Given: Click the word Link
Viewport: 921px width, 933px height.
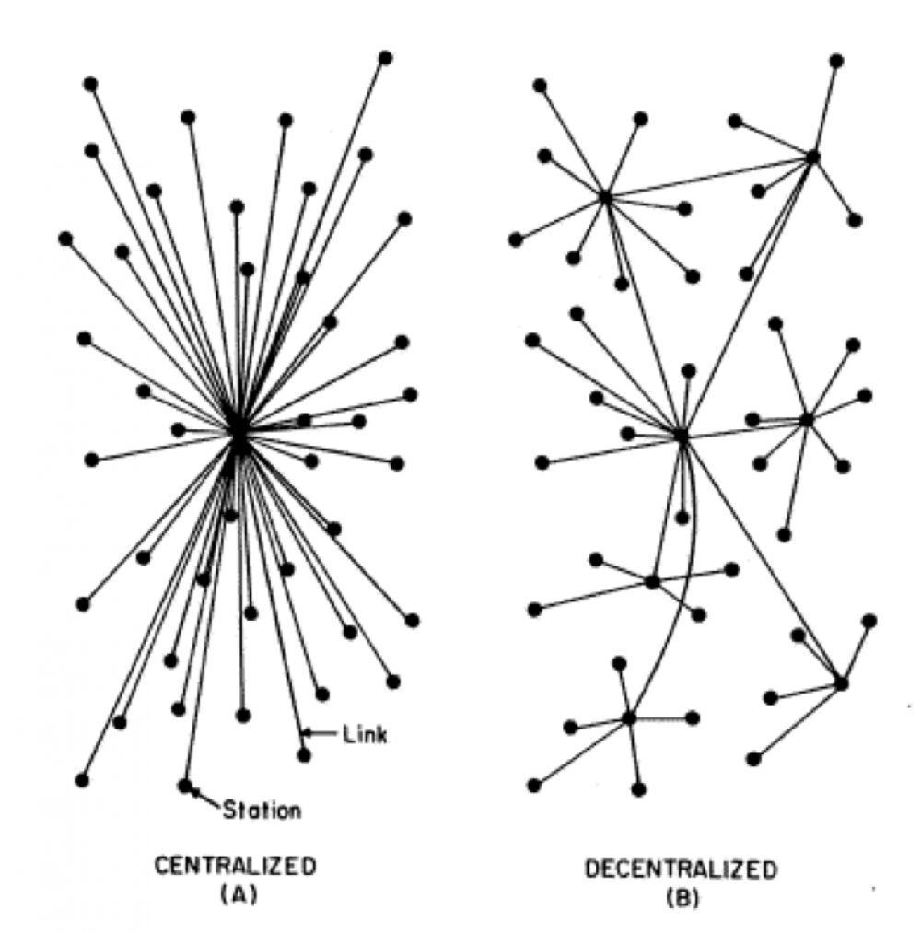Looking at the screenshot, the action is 365,735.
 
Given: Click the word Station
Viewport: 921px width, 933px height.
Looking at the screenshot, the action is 262,811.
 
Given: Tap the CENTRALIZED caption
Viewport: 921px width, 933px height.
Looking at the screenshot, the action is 236,867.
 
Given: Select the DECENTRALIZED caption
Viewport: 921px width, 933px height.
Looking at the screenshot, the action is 682,869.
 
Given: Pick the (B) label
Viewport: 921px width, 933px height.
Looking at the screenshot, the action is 683,897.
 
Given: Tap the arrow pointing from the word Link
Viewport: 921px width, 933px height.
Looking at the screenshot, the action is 321,733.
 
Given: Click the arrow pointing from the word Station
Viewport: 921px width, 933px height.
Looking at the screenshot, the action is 206,799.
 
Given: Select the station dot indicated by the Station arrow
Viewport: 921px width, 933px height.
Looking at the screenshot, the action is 185,786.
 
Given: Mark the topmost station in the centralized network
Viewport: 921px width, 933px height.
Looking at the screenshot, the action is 386,58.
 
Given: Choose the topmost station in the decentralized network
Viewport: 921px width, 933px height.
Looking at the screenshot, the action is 836,61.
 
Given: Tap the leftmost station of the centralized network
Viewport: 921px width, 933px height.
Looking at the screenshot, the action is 65,239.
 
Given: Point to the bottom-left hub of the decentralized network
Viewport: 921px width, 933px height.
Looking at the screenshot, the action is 629,718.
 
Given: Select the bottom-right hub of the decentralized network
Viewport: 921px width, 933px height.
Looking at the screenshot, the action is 841,683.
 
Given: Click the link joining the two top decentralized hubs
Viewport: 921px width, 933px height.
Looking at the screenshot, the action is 709,178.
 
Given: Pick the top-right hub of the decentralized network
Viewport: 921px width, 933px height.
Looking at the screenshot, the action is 812,157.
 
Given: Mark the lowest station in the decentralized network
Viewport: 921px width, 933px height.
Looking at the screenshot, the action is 638,789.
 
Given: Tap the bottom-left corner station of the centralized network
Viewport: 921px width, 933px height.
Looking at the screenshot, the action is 82,780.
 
